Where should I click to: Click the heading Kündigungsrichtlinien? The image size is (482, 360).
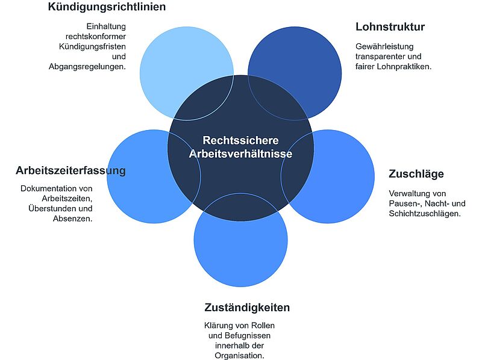(x=107, y=7)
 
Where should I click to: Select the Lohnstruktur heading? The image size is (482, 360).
(x=390, y=26)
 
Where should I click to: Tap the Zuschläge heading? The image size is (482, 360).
(x=416, y=174)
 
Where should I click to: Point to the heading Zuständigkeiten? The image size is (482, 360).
(x=247, y=308)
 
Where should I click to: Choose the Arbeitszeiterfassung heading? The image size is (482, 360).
(x=70, y=170)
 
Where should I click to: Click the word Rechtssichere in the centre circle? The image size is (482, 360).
(x=240, y=140)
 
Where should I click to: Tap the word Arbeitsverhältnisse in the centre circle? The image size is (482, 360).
(x=240, y=154)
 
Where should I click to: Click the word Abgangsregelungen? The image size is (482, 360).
(x=87, y=67)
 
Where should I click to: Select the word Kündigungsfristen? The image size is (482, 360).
(x=92, y=47)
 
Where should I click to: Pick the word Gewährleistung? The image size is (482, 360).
(x=384, y=47)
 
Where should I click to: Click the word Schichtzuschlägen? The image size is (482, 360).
(x=424, y=214)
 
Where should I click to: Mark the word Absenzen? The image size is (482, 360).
(x=72, y=219)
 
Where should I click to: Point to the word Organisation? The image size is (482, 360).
(x=239, y=356)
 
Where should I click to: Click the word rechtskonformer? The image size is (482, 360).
(x=96, y=37)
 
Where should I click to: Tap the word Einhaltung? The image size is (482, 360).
(x=106, y=26)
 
